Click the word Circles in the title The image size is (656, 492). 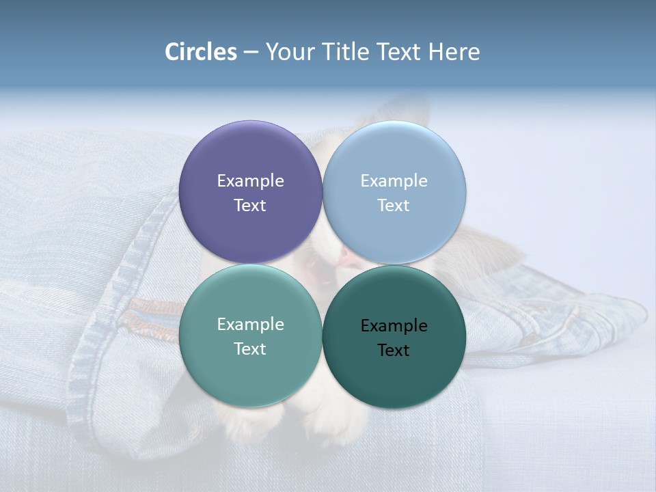pos(201,52)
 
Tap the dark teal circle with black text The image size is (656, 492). pos(394,372)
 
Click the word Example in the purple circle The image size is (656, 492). pos(250,180)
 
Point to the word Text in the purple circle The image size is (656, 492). pos(250,205)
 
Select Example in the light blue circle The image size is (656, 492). pos(394,180)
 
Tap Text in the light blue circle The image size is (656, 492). pos(394,205)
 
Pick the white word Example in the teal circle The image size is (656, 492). pos(250,324)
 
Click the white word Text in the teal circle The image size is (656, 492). pos(250,348)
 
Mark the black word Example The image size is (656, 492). pos(394,325)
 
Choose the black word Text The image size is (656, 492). pos(394,350)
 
